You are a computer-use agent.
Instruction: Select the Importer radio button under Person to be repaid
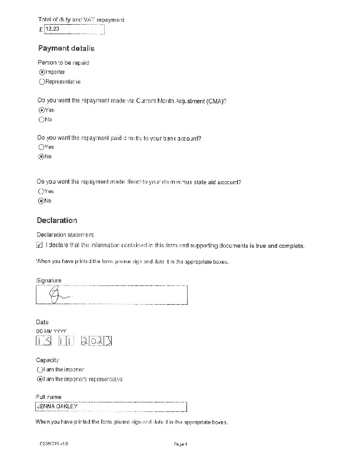pyautogui.click(x=42, y=72)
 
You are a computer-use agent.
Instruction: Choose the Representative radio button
pyautogui.click(x=42, y=81)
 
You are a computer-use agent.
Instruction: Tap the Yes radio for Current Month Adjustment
pyautogui.click(x=42, y=110)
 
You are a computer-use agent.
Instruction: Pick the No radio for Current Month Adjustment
pyautogui.click(x=42, y=119)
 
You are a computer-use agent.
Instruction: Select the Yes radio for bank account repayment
pyautogui.click(x=42, y=147)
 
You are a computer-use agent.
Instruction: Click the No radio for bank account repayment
pyautogui.click(x=42, y=157)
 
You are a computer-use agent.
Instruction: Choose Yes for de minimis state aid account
pyautogui.click(x=42, y=191)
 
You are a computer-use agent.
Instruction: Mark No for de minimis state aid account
pyautogui.click(x=42, y=201)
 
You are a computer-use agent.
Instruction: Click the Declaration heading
pyautogui.click(x=57, y=221)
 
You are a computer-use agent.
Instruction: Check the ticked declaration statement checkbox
pyautogui.click(x=40, y=245)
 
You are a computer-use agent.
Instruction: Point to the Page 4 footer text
pyautogui.click(x=181, y=444)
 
